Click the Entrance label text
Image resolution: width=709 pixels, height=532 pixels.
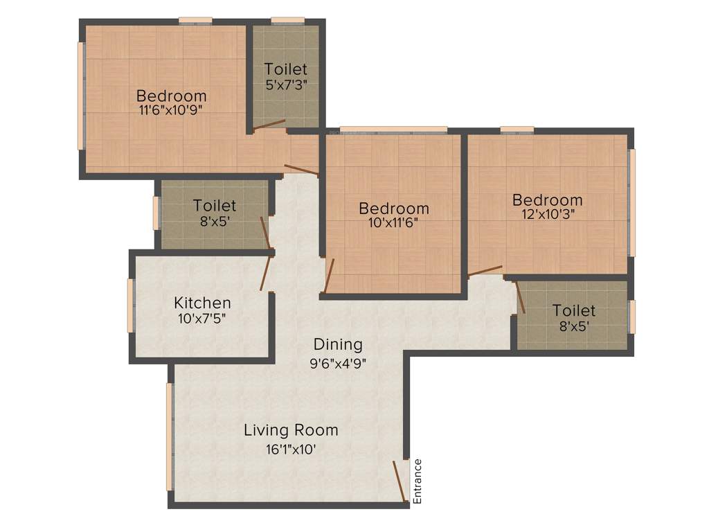[x=418, y=481]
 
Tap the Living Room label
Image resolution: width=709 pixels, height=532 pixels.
[x=291, y=430]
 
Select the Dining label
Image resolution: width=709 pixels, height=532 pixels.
[x=338, y=344]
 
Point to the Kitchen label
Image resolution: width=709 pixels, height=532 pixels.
[x=202, y=303]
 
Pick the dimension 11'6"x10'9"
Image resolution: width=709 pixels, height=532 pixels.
[x=171, y=109]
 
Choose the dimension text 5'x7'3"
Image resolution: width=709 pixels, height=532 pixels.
[x=286, y=84]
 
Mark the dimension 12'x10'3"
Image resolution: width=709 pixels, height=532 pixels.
[x=548, y=214]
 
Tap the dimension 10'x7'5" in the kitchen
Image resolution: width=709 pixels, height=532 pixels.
[x=201, y=319]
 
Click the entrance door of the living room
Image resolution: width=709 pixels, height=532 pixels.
[x=399, y=479]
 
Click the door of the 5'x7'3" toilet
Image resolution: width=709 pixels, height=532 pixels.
[x=269, y=125]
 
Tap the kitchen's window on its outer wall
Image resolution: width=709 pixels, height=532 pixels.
[x=129, y=305]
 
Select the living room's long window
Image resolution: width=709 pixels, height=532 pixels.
[x=169, y=436]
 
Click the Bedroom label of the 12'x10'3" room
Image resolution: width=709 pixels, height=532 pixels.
[x=547, y=200]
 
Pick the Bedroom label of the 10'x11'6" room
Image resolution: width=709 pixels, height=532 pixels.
[x=394, y=208]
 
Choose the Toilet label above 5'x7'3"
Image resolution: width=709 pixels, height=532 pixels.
[x=286, y=69]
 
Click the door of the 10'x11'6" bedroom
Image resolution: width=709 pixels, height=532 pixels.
[x=330, y=276]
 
